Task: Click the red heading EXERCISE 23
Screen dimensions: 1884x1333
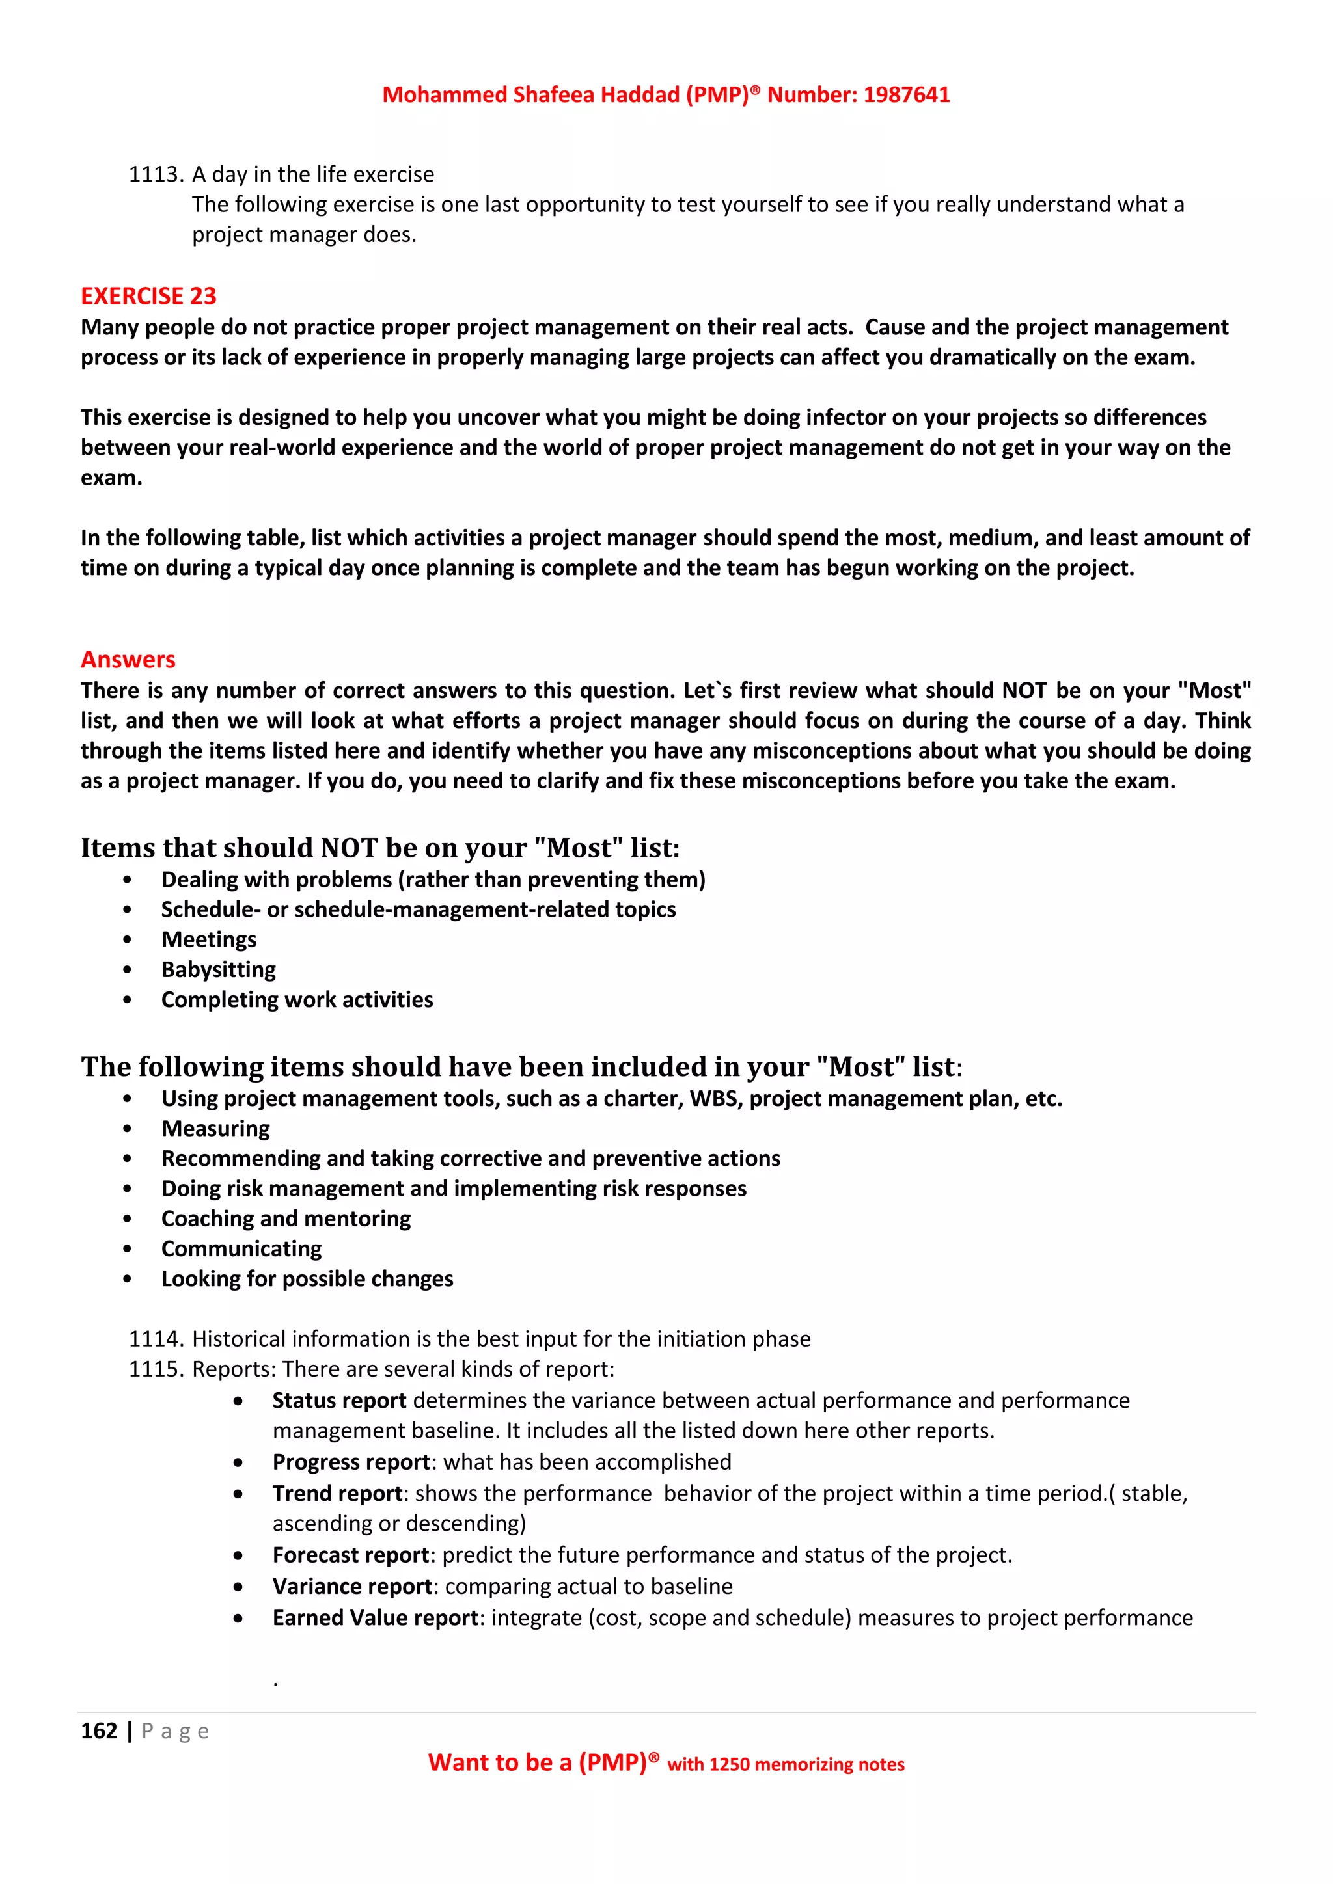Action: [148, 296]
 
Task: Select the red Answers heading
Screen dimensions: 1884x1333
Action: [128, 660]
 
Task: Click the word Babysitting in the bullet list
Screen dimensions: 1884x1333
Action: [218, 970]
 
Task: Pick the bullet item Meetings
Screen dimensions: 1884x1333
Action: [208, 939]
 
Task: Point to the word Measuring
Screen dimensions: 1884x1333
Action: [215, 1129]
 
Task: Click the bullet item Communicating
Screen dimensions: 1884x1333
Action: [241, 1249]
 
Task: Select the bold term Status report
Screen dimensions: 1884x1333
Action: [339, 1401]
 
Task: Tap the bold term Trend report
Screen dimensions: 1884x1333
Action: [337, 1494]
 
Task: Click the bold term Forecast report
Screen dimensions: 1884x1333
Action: [350, 1555]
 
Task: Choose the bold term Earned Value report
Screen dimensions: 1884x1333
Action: [375, 1617]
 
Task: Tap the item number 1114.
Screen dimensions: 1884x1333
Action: [155, 1339]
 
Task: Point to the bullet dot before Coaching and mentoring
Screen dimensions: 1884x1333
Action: [127, 1219]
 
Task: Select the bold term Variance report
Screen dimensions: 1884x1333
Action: [352, 1586]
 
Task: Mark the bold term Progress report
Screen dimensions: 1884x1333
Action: [351, 1462]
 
